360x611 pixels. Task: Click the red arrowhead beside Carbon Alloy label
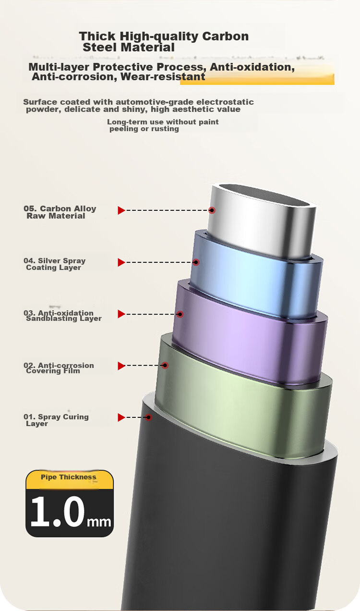[121, 210]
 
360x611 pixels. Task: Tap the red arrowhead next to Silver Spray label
[121, 262]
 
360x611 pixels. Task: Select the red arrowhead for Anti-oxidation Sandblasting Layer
[121, 314]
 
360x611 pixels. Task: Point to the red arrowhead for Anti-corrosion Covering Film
[121, 366]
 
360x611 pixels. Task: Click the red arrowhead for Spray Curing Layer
[121, 417]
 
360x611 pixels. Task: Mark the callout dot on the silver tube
[212, 210]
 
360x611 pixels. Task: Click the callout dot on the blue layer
[196, 262]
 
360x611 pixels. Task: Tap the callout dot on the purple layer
[180, 314]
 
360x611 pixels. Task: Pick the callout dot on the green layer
[165, 365]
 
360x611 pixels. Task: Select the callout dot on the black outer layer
[148, 417]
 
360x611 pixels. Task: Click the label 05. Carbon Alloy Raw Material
[60, 212]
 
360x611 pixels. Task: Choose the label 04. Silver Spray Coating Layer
[55, 264]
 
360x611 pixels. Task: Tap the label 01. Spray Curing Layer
[56, 420]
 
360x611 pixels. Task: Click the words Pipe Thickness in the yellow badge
[69, 477]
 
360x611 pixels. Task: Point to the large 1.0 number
[58, 512]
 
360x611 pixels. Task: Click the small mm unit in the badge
[99, 522]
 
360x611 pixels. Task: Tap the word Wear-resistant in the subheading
[163, 77]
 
